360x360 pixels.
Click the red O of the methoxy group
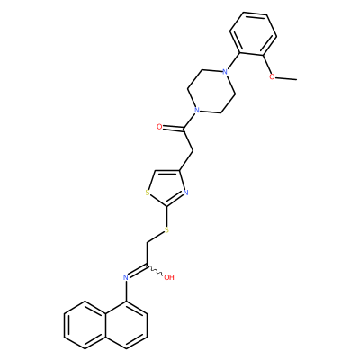click(x=272, y=77)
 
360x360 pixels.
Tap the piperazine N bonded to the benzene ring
click(x=224, y=72)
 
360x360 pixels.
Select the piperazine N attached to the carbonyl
click(x=196, y=110)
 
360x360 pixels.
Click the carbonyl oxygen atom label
click(x=159, y=127)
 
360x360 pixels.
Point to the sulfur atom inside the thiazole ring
click(x=148, y=193)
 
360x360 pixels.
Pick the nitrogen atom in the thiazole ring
click(x=185, y=193)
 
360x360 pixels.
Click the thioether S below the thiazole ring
click(x=166, y=230)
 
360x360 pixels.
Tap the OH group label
click(x=169, y=277)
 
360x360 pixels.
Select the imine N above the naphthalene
click(x=126, y=277)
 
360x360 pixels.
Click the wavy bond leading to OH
click(x=155, y=271)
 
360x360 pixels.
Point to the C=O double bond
click(x=173, y=129)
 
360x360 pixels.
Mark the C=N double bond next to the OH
click(x=138, y=271)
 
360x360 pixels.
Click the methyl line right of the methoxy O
click(x=286, y=78)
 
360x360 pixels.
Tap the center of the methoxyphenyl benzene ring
click(x=253, y=33)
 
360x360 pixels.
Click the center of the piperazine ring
click(x=211, y=91)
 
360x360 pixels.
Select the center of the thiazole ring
click(x=167, y=187)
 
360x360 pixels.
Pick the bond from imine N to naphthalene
click(x=126, y=291)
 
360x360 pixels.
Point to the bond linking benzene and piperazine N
click(x=234, y=61)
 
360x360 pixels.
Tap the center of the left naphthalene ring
click(x=85, y=325)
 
